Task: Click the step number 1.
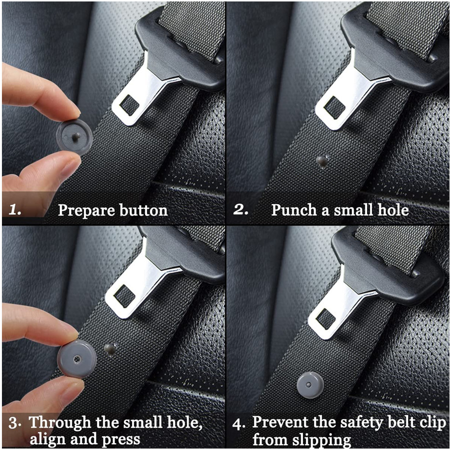click(x=15, y=211)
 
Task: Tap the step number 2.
click(x=241, y=210)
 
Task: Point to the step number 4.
click(x=239, y=424)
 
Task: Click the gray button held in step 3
click(x=77, y=359)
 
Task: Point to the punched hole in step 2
click(x=323, y=159)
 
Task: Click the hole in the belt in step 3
click(x=110, y=348)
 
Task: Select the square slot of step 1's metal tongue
click(x=128, y=105)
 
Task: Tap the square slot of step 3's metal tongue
click(x=123, y=296)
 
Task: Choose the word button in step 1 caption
click(x=142, y=211)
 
